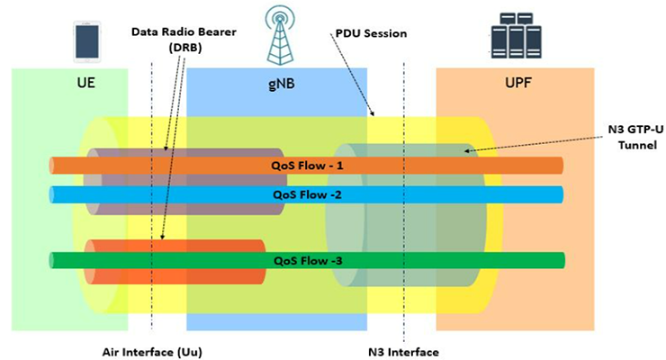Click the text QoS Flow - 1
(x=308, y=166)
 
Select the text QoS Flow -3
(x=308, y=260)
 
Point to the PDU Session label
(x=370, y=33)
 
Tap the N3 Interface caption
(x=404, y=349)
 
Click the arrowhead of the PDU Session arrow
(x=373, y=116)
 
